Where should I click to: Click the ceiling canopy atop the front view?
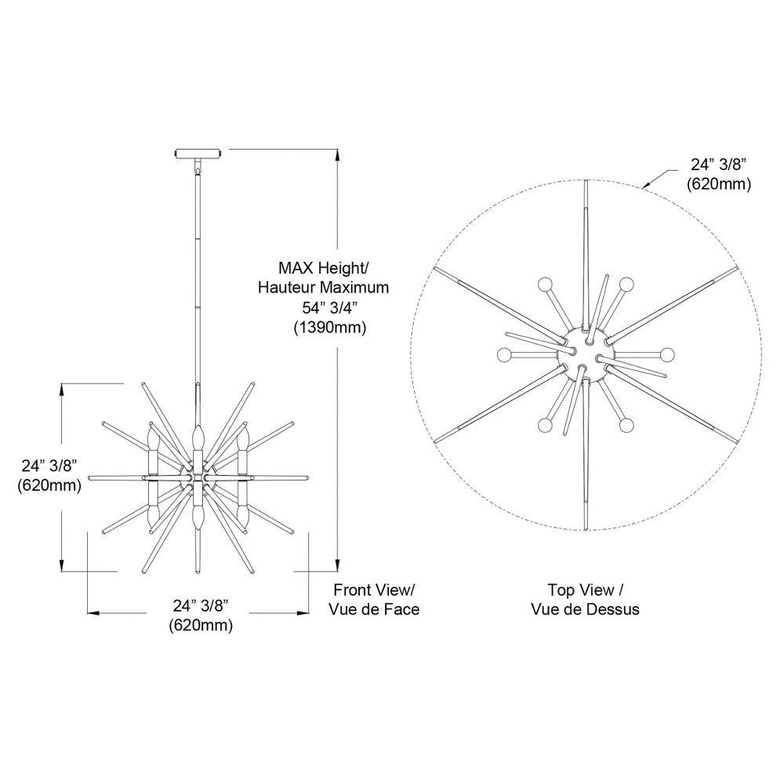(x=198, y=153)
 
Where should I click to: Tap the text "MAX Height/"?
(x=323, y=268)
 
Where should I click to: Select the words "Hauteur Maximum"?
(x=323, y=288)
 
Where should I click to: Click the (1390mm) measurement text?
(x=330, y=328)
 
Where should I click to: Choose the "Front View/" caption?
(x=374, y=590)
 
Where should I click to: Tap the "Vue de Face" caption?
(x=374, y=609)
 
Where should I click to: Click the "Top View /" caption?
(x=585, y=590)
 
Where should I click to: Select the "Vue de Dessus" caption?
(x=585, y=609)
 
